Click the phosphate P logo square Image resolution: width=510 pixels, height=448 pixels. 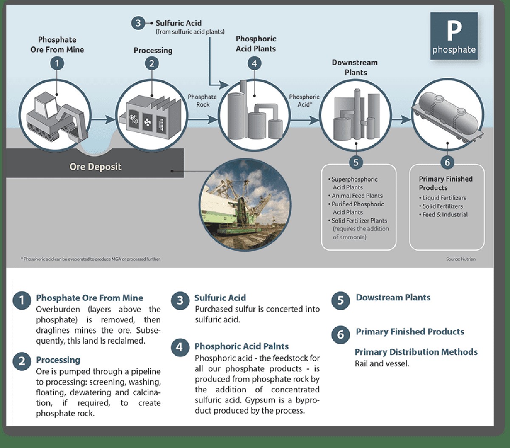[x=454, y=36]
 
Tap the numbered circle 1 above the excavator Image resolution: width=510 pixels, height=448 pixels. [x=57, y=64]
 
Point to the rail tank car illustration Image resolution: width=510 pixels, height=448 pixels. [x=448, y=115]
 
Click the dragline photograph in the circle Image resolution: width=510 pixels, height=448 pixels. [x=245, y=205]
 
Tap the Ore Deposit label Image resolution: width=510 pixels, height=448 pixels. [x=95, y=167]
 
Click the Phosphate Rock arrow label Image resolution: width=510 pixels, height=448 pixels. [x=202, y=100]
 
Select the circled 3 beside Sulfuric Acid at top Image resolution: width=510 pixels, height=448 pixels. [x=138, y=23]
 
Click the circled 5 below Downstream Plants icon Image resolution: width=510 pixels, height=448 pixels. [x=356, y=162]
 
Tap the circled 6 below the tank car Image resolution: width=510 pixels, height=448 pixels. [x=447, y=162]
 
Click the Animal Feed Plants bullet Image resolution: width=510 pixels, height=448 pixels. [x=357, y=196]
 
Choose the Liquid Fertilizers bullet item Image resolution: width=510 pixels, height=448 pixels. [x=444, y=198]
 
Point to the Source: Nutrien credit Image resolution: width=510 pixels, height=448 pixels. [x=461, y=259]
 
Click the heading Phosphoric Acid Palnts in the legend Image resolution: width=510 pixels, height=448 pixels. [x=241, y=346]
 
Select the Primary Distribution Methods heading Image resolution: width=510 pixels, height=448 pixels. [x=416, y=352]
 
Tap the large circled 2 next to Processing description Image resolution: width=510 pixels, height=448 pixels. [x=22, y=361]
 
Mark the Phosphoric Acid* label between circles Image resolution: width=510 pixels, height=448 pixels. [x=304, y=100]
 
